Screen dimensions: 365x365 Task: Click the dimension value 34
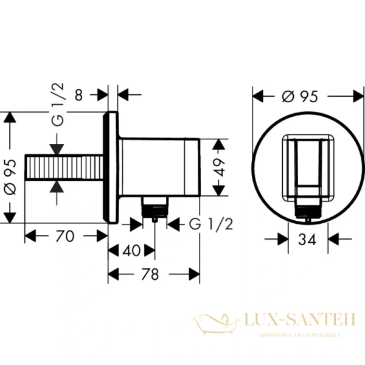point(307,239)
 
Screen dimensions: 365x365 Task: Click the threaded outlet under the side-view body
point(155,209)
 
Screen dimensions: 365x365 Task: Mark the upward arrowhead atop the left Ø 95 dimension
point(9,118)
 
